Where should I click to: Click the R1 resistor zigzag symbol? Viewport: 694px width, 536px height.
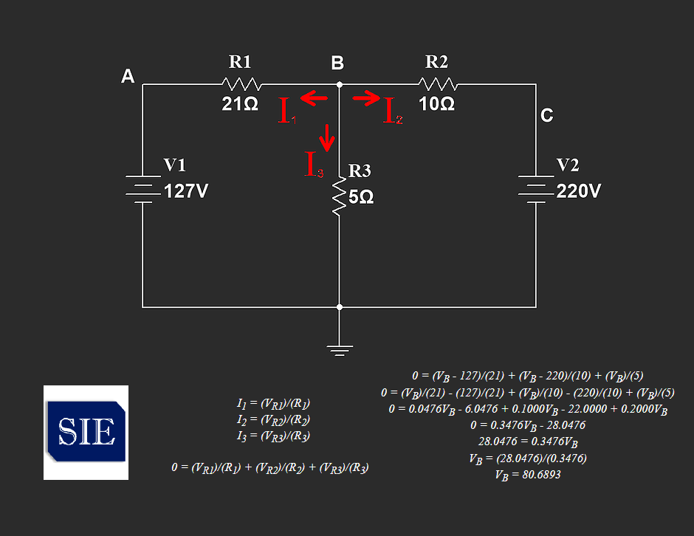pos(241,84)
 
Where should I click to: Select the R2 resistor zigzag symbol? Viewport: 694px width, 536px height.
pos(438,84)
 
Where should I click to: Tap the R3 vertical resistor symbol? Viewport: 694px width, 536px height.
pos(340,197)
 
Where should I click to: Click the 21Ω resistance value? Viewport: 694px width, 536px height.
pos(240,104)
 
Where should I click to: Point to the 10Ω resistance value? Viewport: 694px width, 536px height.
pos(437,104)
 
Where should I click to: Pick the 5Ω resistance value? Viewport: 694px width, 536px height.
pos(361,197)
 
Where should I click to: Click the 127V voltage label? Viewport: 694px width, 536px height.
pos(186,191)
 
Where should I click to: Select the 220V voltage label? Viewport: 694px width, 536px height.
pos(579,191)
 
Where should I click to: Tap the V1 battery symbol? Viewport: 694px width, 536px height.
pos(143,190)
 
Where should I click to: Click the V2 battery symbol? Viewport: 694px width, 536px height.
pos(536,190)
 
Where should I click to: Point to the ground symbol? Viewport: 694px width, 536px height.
pos(340,350)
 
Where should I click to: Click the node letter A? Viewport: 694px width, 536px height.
pos(128,76)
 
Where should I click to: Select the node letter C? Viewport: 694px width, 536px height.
pos(547,115)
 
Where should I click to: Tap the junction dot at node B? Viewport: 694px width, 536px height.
pos(340,84)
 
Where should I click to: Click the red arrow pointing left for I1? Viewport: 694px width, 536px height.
pos(314,98)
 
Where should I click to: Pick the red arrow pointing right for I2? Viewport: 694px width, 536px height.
pos(366,98)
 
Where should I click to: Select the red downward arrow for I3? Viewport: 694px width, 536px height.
pos(327,137)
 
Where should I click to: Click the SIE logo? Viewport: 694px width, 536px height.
pos(86,433)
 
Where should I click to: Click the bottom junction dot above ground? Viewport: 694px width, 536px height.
pos(340,306)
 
